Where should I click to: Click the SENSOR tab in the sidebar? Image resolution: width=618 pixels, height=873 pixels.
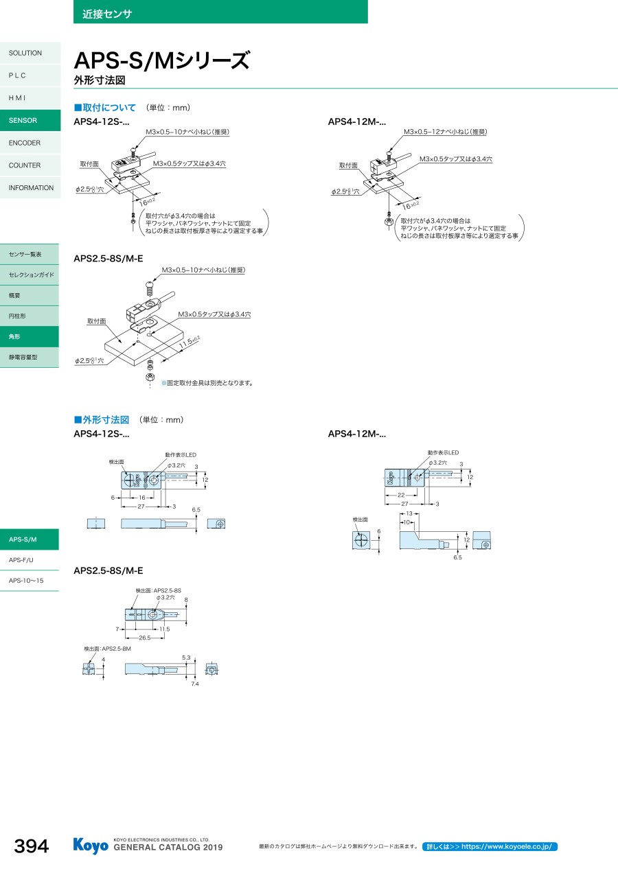(x=23, y=121)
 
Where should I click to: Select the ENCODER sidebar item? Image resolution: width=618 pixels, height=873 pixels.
(x=25, y=143)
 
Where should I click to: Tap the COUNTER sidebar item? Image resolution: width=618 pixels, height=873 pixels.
(x=25, y=165)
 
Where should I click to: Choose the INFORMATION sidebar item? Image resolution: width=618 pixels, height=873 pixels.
(x=31, y=188)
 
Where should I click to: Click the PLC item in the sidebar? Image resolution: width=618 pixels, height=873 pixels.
(x=17, y=75)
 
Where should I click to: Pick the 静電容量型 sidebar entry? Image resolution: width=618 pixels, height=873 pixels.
(x=23, y=358)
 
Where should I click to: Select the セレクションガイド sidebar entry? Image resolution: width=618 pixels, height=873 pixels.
(x=32, y=275)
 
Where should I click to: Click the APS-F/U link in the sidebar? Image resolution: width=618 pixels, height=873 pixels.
(x=21, y=560)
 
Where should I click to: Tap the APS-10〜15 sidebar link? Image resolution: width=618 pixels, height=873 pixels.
(x=26, y=581)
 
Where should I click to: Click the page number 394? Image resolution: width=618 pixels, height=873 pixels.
(x=32, y=847)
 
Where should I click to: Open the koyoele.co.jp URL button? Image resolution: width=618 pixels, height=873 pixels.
(x=490, y=847)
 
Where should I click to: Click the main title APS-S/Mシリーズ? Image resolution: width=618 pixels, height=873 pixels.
(x=161, y=62)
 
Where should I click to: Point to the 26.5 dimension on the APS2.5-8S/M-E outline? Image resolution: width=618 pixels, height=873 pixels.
(x=145, y=638)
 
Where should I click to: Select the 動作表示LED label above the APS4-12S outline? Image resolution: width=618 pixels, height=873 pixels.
(x=181, y=455)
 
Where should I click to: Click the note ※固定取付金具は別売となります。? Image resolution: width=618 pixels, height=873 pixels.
(x=207, y=383)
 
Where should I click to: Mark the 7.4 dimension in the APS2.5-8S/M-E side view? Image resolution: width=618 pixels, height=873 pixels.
(x=195, y=684)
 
